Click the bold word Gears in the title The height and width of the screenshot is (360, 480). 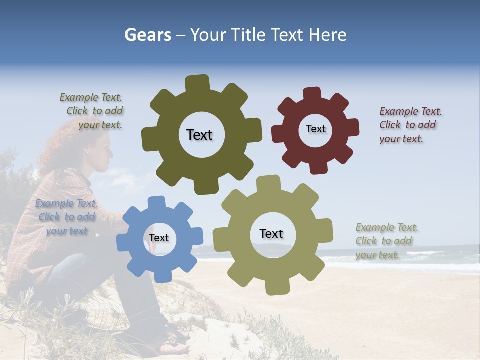coord(148,35)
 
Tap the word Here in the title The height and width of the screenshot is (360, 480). coord(328,35)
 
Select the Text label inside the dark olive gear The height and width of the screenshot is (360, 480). coord(199,135)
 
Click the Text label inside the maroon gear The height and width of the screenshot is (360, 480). coord(315,129)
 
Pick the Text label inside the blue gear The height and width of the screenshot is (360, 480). coord(159,238)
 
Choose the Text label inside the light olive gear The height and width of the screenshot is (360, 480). coord(271,233)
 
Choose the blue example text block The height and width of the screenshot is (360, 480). coord(66,217)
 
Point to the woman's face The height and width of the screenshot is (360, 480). coord(103,150)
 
